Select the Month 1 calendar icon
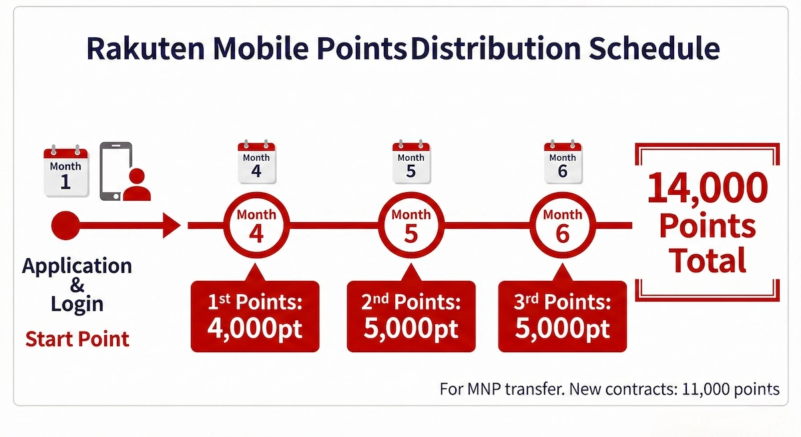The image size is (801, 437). (x=65, y=172)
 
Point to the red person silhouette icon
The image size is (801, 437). (x=137, y=185)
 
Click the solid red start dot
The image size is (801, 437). (x=65, y=226)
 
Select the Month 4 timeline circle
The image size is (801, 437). (x=256, y=226)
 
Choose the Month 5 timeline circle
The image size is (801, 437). (x=411, y=226)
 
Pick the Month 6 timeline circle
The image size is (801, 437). (x=562, y=226)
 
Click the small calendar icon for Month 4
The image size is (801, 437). (x=256, y=162)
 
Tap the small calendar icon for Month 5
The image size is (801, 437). (x=411, y=162)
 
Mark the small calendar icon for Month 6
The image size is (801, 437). (x=562, y=162)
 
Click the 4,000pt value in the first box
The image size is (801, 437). (x=256, y=328)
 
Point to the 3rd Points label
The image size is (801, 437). (x=563, y=302)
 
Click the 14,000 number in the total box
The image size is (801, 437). (x=708, y=189)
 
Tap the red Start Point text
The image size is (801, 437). (x=77, y=338)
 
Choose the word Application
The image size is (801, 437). (x=77, y=266)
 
